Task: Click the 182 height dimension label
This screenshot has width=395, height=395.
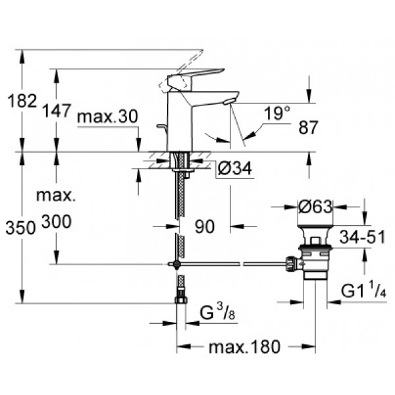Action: tap(22, 101)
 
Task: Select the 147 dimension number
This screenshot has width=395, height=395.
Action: tap(56, 111)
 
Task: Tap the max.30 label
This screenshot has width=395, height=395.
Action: tap(108, 117)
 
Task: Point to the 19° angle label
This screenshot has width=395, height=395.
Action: tap(277, 113)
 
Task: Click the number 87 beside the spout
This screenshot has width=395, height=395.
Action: tap(309, 128)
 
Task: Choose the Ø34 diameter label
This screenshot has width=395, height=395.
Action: tap(235, 169)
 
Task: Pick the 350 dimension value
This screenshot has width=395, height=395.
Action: tap(20, 228)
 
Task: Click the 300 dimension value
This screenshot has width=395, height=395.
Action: tap(57, 222)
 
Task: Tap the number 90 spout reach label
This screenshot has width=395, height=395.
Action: tap(205, 226)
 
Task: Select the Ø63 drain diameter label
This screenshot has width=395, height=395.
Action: tap(315, 207)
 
